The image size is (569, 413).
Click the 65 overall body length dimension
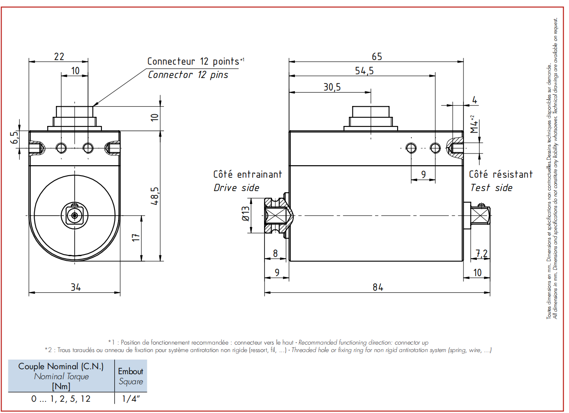(x=377, y=56)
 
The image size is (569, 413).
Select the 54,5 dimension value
(x=364, y=71)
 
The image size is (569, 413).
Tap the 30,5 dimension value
(x=332, y=87)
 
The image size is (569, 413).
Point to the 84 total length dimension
(x=378, y=287)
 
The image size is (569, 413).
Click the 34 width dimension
(x=76, y=287)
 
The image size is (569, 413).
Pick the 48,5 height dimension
(x=155, y=196)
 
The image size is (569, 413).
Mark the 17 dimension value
(x=136, y=237)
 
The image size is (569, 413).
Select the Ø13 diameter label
(x=246, y=214)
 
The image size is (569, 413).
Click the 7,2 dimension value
(x=481, y=253)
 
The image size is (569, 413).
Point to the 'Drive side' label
(x=236, y=188)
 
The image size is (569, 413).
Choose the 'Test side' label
(x=491, y=188)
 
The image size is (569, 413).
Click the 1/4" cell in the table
(x=131, y=399)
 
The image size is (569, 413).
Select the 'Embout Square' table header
(x=131, y=376)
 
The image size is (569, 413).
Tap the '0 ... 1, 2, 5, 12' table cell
(x=61, y=399)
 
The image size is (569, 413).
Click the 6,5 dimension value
(x=15, y=137)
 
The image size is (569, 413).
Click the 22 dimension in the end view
(x=59, y=56)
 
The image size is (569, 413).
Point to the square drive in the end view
(x=74, y=216)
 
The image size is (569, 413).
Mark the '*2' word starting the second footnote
(x=48, y=350)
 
